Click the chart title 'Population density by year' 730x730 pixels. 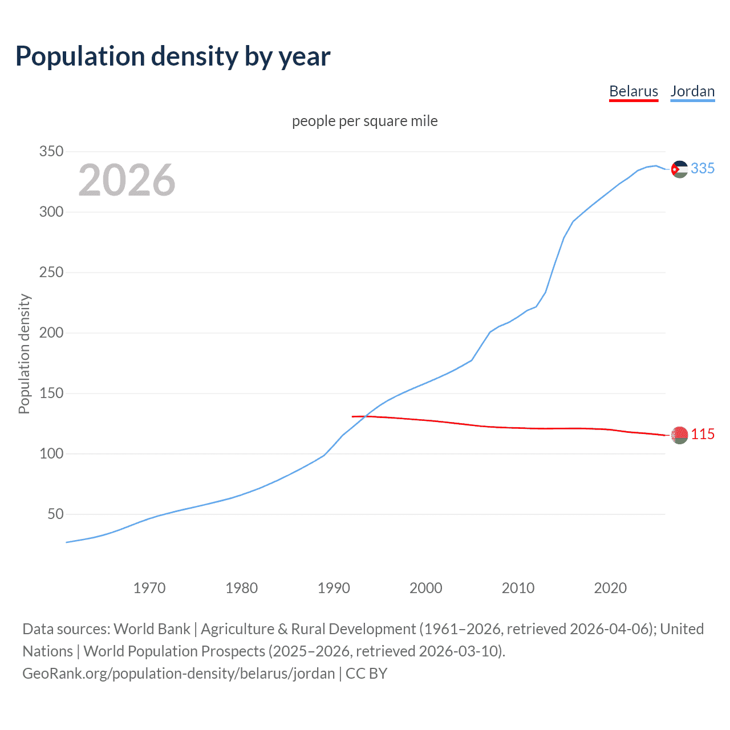tap(173, 56)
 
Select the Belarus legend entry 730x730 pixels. tap(633, 91)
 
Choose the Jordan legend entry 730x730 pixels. tap(692, 91)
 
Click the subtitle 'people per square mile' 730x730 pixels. tap(364, 121)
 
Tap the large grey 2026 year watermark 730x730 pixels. tap(127, 180)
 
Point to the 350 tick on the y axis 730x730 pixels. tap(51, 152)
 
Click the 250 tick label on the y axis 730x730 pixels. tap(51, 273)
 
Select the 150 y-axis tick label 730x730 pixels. tap(51, 394)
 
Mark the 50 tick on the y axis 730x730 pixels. tap(55, 514)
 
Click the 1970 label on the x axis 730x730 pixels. tap(149, 588)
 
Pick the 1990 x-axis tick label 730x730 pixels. tap(334, 588)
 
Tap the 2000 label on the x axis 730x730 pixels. tap(425, 588)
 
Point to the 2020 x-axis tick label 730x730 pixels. tap(610, 588)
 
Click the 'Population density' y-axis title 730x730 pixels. tap(24, 354)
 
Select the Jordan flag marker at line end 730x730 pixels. tap(679, 169)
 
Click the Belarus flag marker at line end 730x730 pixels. tap(679, 435)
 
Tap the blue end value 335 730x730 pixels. tap(703, 169)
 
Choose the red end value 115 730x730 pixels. tap(703, 435)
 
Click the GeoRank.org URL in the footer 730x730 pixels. tap(179, 674)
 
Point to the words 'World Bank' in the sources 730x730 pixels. tap(152, 629)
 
